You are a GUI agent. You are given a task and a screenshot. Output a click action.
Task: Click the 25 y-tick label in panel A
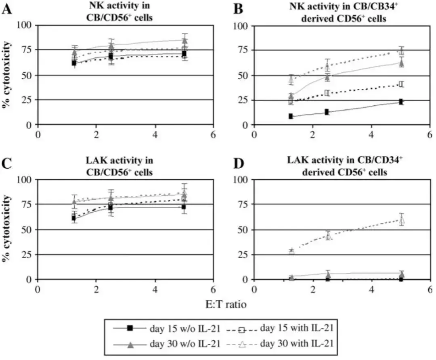point(27,100)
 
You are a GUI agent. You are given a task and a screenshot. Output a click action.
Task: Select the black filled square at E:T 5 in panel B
point(401,102)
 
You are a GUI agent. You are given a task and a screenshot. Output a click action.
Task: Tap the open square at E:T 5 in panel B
point(401,84)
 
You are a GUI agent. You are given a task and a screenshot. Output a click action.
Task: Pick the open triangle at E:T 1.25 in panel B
point(291,80)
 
